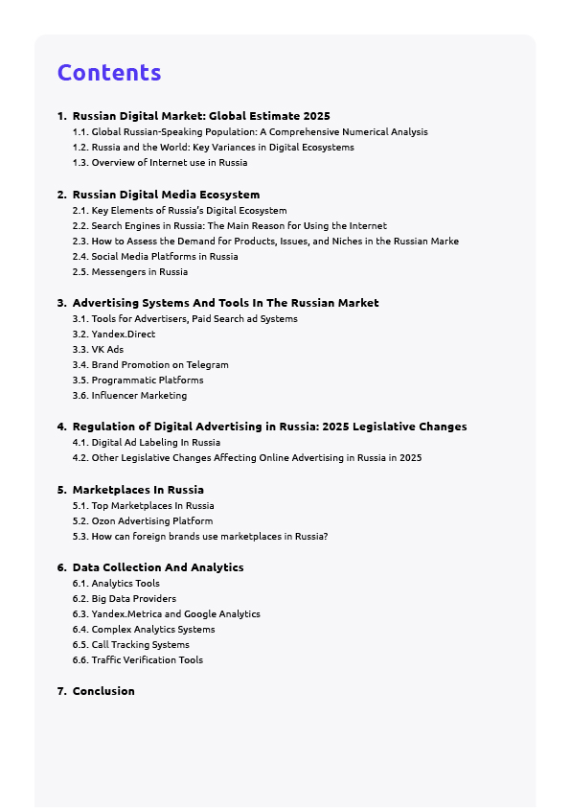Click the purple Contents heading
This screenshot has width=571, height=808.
point(109,73)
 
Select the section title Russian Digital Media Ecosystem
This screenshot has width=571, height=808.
point(166,195)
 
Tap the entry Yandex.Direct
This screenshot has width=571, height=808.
point(123,335)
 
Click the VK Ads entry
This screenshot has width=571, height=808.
point(107,350)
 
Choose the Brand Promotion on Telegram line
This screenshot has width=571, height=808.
point(160,365)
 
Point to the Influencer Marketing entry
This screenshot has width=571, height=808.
point(139,396)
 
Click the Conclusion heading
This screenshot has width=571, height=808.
point(103,691)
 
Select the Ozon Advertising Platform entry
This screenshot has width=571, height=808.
point(152,521)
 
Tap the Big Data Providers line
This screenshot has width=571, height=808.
point(134,599)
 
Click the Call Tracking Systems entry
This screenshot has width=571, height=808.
point(141,645)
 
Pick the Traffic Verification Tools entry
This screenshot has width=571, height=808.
point(148,660)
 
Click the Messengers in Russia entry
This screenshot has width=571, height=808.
point(140,272)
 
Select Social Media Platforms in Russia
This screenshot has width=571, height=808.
point(165,257)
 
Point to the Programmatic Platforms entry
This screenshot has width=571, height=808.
point(148,381)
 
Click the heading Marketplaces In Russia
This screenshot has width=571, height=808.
point(138,490)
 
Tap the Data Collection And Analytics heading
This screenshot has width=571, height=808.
point(158,567)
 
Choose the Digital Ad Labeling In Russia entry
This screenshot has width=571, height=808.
point(155,443)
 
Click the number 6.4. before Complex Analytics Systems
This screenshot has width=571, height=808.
point(80,630)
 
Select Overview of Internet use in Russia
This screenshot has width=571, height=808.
point(170,163)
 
